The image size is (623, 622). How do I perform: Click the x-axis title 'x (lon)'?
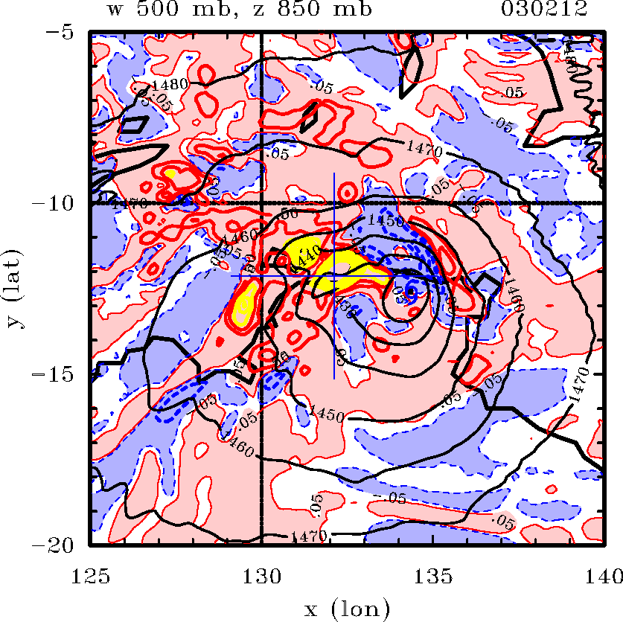(x=347, y=609)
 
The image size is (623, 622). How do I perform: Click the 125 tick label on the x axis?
(x=92, y=573)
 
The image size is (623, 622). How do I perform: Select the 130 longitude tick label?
(x=262, y=573)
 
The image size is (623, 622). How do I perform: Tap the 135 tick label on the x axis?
(x=432, y=573)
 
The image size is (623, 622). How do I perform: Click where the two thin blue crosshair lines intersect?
(x=334, y=275)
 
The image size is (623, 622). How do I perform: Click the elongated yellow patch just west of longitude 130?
(x=244, y=307)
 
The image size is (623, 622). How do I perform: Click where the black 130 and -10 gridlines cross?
(x=262, y=203)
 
